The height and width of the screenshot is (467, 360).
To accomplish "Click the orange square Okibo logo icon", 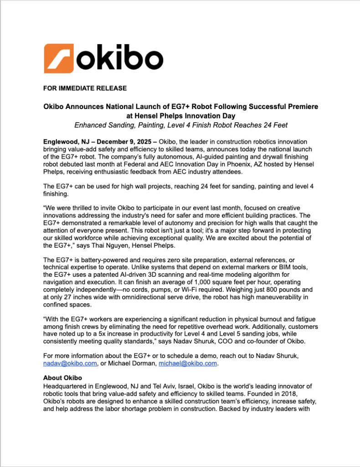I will (x=58, y=58).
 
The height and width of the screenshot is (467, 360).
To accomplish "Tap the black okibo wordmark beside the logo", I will (x=119, y=59).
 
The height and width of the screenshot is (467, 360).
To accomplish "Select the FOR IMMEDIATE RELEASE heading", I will (x=85, y=88).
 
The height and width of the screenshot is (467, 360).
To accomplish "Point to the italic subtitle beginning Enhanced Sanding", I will (x=180, y=125).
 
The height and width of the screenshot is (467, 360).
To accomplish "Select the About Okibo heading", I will (x=62, y=378).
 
